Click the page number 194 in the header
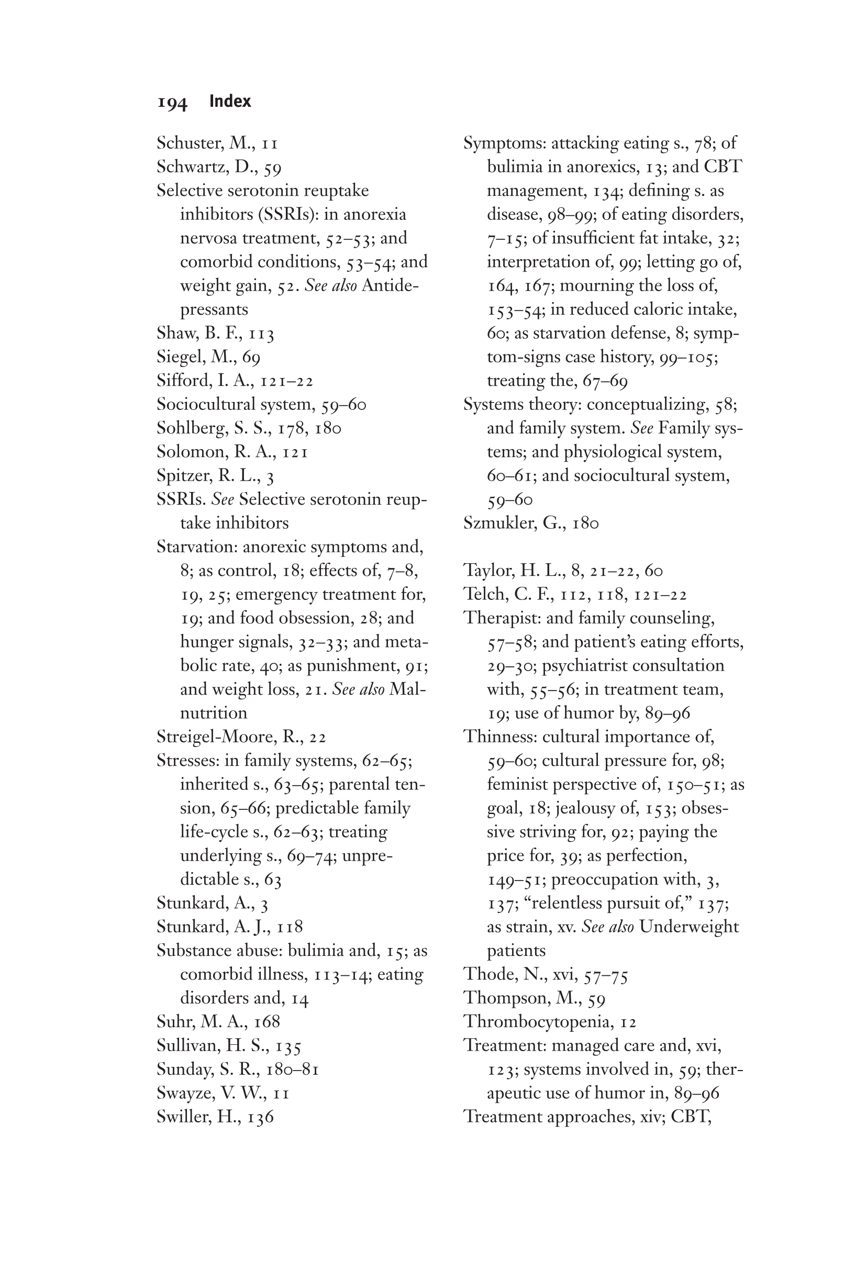(x=172, y=103)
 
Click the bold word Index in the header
(x=230, y=102)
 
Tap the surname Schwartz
(x=191, y=167)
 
